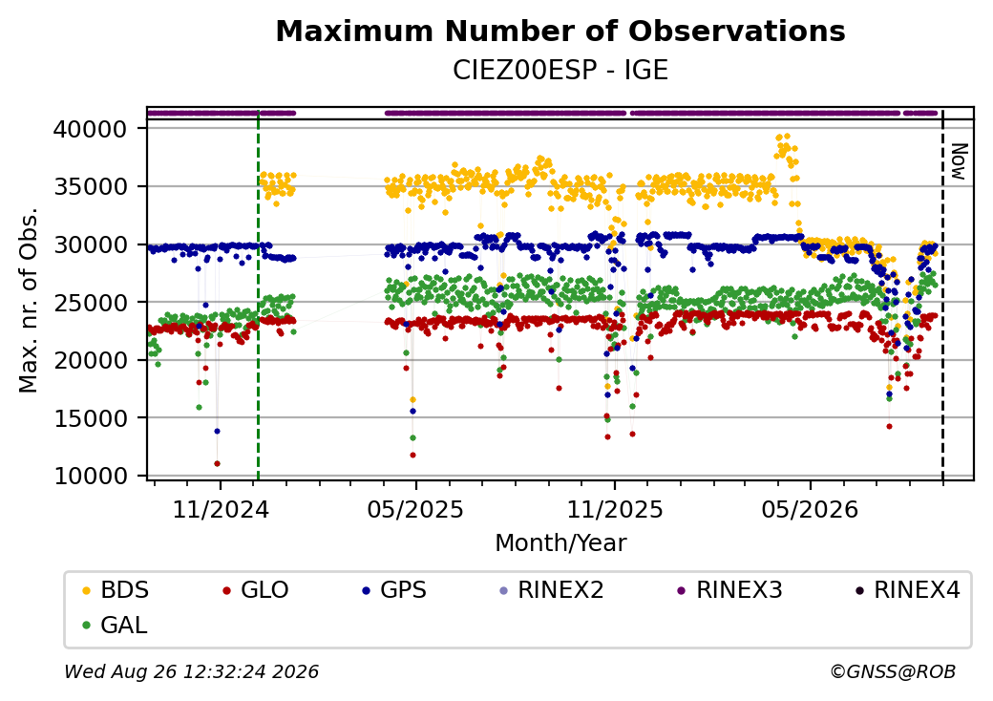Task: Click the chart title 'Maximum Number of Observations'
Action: (x=560, y=31)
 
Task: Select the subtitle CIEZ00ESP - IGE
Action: (x=560, y=71)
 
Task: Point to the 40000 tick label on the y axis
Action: (x=91, y=129)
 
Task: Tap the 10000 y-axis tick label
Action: (x=91, y=476)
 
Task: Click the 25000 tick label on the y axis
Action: (x=91, y=303)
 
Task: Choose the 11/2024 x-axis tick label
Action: (x=221, y=509)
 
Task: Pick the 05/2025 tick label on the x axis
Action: (x=415, y=509)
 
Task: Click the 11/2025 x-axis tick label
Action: (x=614, y=509)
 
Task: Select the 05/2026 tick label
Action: (x=810, y=509)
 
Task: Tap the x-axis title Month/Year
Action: (x=560, y=542)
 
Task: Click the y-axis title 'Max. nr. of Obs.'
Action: (x=29, y=300)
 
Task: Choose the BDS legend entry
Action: (x=116, y=590)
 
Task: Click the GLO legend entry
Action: (x=256, y=590)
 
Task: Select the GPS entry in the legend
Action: (x=394, y=590)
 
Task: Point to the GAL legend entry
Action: (x=116, y=625)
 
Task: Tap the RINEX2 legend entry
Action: (x=552, y=590)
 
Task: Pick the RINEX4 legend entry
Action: (x=907, y=590)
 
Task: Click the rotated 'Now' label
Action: (x=960, y=161)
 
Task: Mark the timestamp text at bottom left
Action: (x=191, y=671)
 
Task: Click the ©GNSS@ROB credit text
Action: (x=893, y=671)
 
